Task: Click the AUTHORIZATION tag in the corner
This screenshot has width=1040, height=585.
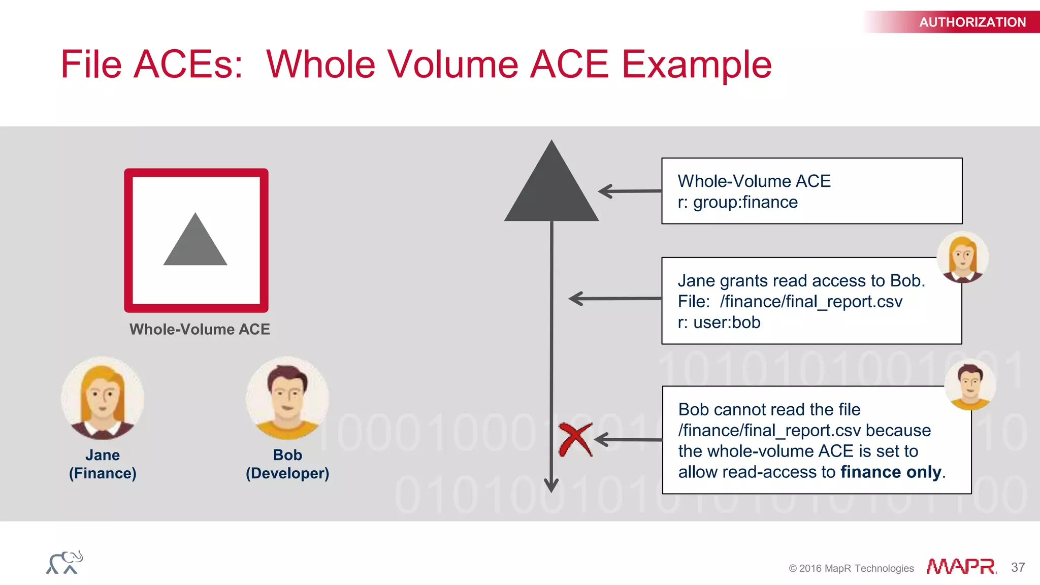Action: point(971,22)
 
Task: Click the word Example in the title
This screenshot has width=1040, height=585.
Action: point(696,65)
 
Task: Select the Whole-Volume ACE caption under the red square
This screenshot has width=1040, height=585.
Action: point(200,329)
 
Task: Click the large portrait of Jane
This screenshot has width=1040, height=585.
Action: point(103,398)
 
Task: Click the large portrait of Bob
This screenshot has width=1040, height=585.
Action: point(287,398)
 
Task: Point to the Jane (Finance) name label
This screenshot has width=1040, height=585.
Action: point(103,464)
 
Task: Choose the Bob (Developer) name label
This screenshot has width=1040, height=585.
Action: point(287,464)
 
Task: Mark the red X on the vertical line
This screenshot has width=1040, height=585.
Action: point(575,440)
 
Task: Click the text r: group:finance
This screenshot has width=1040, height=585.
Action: point(737,203)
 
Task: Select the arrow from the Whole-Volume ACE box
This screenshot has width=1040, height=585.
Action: point(630,191)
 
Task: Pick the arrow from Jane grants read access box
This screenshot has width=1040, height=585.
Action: point(614,299)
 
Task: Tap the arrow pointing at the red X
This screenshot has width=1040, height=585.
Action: point(628,440)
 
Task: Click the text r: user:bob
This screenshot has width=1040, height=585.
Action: point(719,322)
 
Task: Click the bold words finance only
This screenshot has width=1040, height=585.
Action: point(891,472)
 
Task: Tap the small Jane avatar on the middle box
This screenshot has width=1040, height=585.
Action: point(962,257)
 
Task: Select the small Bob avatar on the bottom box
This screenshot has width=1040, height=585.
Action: point(970,384)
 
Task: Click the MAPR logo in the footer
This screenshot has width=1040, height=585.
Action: point(961,567)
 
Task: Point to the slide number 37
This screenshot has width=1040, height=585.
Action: point(1018,567)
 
